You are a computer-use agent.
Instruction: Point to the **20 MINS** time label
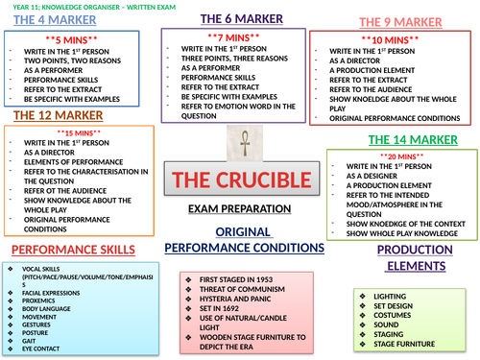point(400,156)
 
